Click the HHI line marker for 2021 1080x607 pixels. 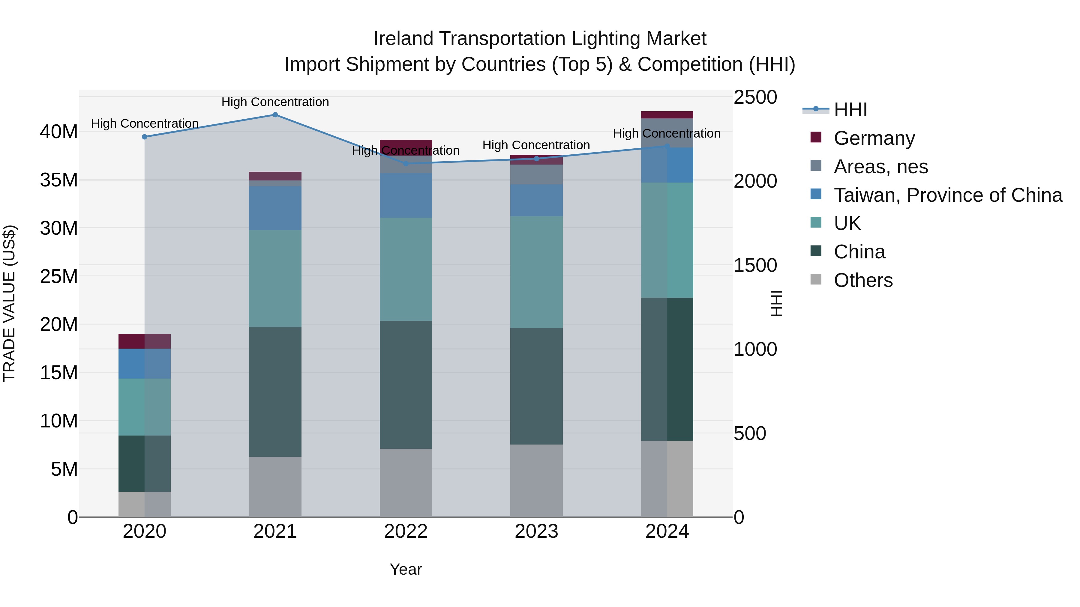pyautogui.click(x=275, y=115)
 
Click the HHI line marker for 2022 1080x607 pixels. pyautogui.click(x=405, y=164)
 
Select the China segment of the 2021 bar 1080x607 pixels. pyautogui.click(x=275, y=392)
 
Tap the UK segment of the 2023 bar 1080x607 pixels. pyautogui.click(x=536, y=272)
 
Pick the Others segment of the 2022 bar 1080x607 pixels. pyautogui.click(x=405, y=483)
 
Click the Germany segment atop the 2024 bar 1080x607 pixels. pyautogui.click(x=667, y=115)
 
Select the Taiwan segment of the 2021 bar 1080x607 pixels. pyautogui.click(x=275, y=208)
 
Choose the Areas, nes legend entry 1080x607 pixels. pyautogui.click(x=880, y=167)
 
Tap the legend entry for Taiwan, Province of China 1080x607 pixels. pyautogui.click(x=947, y=195)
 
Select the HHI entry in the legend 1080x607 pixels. pyautogui.click(x=850, y=110)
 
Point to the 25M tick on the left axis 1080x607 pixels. pyautogui.click(x=59, y=276)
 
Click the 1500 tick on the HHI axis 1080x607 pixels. pyautogui.click(x=755, y=265)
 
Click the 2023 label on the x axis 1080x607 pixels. pyautogui.click(x=536, y=531)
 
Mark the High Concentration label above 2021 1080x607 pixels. pyautogui.click(x=275, y=102)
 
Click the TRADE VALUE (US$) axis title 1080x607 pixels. pyautogui.click(x=9, y=303)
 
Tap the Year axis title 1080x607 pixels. pyautogui.click(x=405, y=569)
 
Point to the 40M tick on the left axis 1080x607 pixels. pyautogui.click(x=59, y=132)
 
